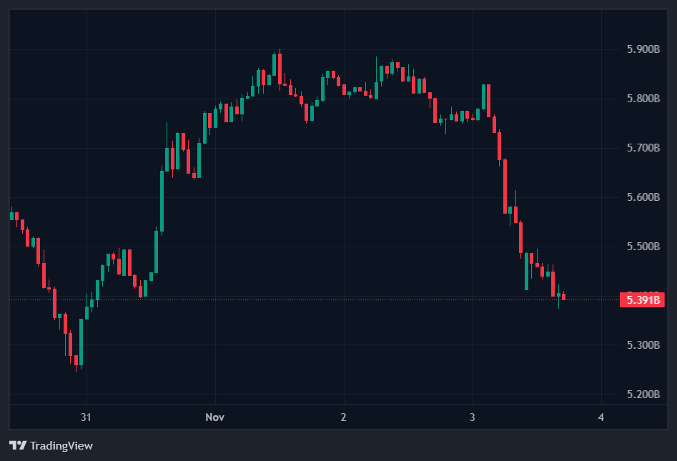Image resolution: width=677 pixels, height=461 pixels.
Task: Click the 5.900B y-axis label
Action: [x=641, y=49]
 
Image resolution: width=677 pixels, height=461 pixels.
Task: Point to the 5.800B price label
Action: [x=641, y=99]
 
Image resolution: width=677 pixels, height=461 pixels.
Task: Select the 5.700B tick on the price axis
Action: [x=641, y=148]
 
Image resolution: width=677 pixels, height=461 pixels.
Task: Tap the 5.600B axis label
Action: [x=641, y=197]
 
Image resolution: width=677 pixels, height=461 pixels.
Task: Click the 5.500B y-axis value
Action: [x=641, y=247]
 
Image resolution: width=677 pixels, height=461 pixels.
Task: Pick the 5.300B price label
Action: [x=641, y=345]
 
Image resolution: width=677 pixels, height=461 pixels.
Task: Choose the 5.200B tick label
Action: [x=641, y=395]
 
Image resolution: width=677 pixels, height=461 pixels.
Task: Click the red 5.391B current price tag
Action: [x=641, y=300]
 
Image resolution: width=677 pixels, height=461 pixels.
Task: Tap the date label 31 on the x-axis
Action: [x=87, y=417]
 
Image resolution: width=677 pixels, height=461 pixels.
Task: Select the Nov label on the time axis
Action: [x=214, y=417]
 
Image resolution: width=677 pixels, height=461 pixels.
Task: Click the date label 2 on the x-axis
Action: [x=344, y=417]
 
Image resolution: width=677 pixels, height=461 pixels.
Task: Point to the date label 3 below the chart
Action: [x=473, y=417]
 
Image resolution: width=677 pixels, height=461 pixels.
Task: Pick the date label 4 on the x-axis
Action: [x=601, y=417]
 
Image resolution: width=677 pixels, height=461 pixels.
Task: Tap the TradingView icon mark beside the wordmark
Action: [x=19, y=446]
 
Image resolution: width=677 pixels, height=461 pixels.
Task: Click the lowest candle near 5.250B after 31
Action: [x=76, y=361]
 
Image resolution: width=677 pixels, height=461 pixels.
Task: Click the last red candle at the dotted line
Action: [x=563, y=297]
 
